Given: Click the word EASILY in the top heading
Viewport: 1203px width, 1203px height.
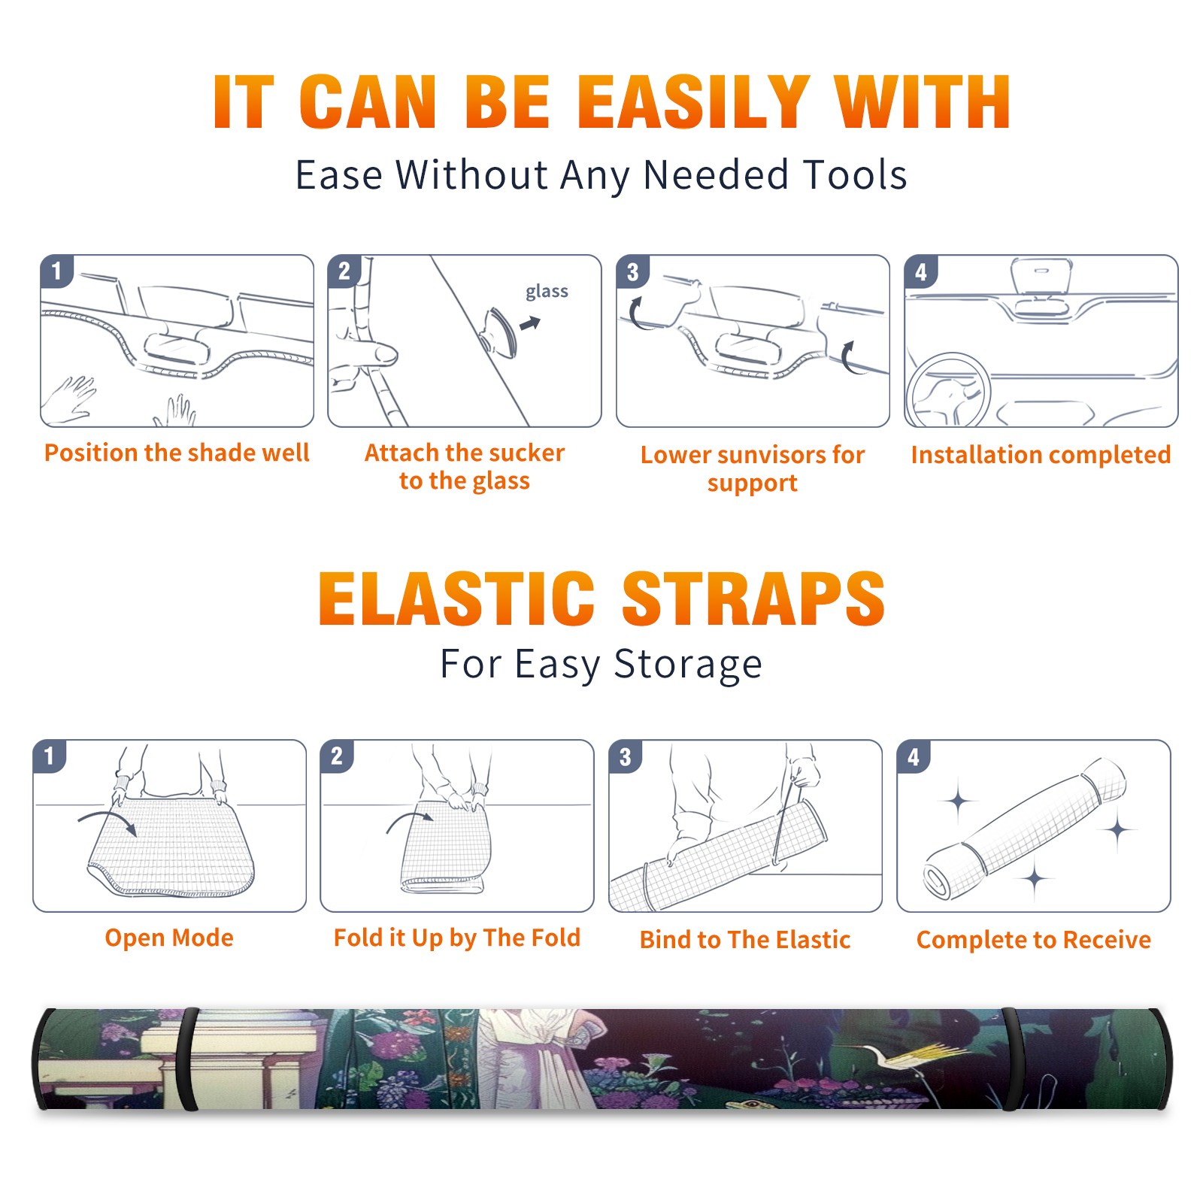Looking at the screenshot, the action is pos(693,102).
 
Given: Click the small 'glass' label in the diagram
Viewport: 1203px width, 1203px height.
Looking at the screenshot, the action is pos(547,292).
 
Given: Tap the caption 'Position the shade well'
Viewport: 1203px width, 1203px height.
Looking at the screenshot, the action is pos(177,453).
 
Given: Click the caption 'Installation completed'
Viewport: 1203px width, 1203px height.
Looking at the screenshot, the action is pos(1041,455).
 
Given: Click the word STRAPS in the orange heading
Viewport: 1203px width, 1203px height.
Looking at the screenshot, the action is pos(753,598).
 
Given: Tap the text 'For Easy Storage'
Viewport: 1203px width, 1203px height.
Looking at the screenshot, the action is pos(601,665).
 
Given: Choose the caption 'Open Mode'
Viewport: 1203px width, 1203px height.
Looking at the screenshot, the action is pos(169,938).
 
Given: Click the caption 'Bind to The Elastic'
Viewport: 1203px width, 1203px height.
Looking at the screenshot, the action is pos(744,940).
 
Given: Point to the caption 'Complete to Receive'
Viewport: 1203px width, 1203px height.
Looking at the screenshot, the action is pos(1034,940).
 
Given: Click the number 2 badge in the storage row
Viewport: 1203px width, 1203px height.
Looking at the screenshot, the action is pos(337,756).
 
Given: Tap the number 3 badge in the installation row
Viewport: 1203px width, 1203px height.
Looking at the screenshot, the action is pos(632,271).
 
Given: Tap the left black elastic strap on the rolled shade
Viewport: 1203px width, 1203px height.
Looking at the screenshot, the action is pos(187,1059).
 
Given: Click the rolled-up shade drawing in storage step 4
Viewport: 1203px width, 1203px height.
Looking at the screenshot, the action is pos(1025,829).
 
